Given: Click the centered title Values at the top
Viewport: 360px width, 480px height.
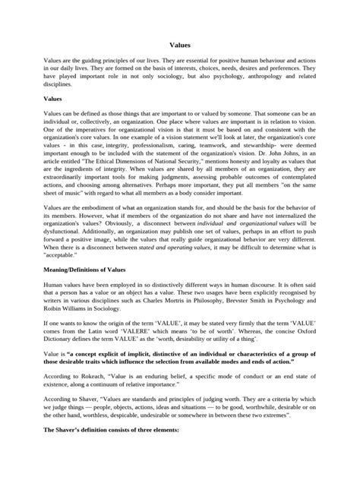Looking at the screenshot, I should pyautogui.click(x=179, y=46).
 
